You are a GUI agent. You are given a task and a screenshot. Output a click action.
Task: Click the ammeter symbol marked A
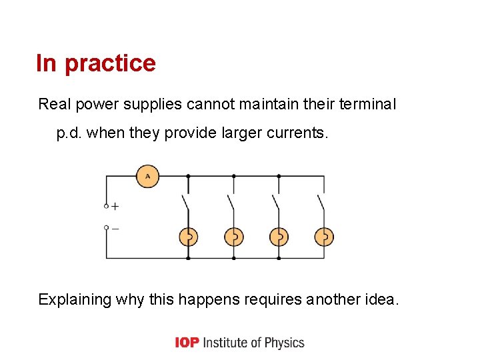(x=147, y=176)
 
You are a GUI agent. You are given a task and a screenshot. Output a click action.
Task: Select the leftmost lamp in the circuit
(x=188, y=237)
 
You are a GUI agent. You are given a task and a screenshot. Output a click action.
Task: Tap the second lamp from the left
(x=233, y=237)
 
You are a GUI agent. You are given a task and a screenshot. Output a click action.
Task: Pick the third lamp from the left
(x=279, y=237)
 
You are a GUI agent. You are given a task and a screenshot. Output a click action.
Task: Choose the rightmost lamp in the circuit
(x=324, y=237)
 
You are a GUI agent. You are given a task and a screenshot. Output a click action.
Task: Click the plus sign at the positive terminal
(x=115, y=207)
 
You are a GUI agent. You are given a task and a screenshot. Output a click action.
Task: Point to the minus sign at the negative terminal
(x=115, y=228)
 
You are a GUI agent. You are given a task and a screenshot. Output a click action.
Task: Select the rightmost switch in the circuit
(x=321, y=201)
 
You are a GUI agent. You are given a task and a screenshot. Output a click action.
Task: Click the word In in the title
(x=46, y=63)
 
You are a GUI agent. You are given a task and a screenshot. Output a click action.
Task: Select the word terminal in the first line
(x=368, y=104)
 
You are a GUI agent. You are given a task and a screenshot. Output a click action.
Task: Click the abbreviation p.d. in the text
(x=69, y=133)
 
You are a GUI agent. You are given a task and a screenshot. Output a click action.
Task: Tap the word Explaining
(x=75, y=299)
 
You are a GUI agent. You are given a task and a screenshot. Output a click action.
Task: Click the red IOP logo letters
(x=187, y=343)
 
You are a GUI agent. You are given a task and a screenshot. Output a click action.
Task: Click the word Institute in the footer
(x=225, y=343)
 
